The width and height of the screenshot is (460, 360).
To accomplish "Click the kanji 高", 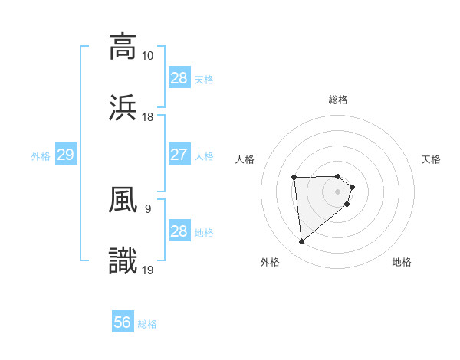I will click(123, 47).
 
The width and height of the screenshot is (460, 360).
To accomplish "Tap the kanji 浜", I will click(123, 107).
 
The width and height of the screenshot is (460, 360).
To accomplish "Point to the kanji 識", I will click(123, 260).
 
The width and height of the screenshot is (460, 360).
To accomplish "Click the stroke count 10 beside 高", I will click(148, 56).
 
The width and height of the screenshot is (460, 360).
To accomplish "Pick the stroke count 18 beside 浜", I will click(148, 116).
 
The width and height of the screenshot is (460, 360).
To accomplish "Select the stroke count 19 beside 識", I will click(148, 270).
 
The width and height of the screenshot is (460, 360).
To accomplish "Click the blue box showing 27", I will click(179, 155).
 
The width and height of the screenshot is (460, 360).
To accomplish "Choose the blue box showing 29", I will click(65, 155).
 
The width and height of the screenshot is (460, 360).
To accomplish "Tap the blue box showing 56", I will click(122, 323).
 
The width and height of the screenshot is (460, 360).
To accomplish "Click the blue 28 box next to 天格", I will click(179, 78).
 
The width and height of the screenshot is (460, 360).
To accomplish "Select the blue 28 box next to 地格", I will click(179, 231).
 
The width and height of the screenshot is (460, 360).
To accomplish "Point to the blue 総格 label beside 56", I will click(147, 324).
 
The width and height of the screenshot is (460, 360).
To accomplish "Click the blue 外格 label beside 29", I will click(41, 155).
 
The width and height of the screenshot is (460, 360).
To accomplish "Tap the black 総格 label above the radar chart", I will click(338, 100).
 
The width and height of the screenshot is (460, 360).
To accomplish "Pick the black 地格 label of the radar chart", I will click(402, 262).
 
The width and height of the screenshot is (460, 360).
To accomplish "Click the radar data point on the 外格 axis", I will click(302, 242).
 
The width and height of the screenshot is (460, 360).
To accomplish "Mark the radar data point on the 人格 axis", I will click(294, 178).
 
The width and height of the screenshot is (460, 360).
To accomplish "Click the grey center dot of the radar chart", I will click(338, 191).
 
